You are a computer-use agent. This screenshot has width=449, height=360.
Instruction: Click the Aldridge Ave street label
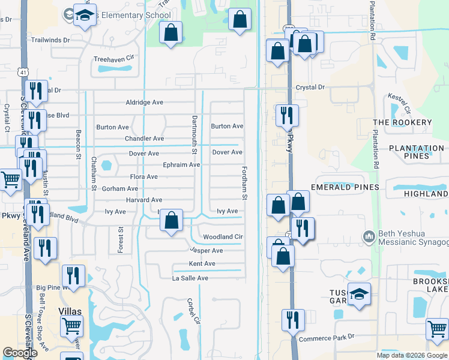(144, 103)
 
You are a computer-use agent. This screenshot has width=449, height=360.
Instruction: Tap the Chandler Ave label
(144, 139)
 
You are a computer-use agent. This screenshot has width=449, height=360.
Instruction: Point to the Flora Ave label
(144, 177)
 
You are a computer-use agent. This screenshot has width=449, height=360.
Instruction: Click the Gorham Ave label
(120, 188)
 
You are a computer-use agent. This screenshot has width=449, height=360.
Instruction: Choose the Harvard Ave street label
(144, 200)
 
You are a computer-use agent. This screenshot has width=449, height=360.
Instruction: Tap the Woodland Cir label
(223, 237)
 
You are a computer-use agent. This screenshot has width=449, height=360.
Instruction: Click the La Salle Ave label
(190, 278)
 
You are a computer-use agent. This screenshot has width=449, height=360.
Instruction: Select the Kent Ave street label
(202, 264)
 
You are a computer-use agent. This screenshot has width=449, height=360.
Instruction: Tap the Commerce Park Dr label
(327, 338)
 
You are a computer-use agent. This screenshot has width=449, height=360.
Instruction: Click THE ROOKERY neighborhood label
(402, 122)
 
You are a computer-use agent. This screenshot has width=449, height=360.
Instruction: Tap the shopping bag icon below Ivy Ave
(172, 220)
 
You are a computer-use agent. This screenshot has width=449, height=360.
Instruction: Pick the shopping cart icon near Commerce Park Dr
(437, 329)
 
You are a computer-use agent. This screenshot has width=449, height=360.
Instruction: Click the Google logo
(20, 353)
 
